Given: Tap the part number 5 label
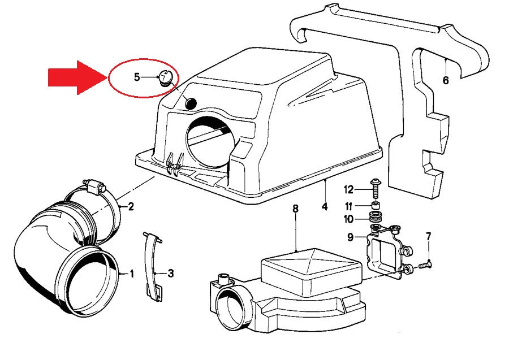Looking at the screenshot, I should click(x=137, y=77).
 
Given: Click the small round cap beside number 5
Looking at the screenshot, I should click(x=165, y=77).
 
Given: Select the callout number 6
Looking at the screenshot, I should click(x=446, y=81).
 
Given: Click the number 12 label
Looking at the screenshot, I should click(x=348, y=189).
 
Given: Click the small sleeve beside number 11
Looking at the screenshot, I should click(x=375, y=205).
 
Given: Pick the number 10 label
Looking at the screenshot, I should click(x=348, y=219).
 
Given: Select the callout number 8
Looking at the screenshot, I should click(x=295, y=209).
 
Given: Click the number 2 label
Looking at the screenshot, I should click(x=131, y=206).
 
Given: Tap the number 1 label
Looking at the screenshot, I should click(x=132, y=274).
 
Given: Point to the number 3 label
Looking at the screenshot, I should click(x=170, y=274).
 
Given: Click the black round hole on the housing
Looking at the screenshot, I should click(x=191, y=103).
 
